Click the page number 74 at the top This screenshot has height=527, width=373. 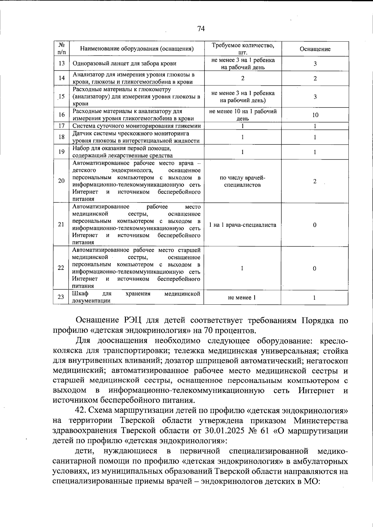[x=201, y=29]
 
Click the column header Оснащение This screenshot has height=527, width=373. [x=315, y=49]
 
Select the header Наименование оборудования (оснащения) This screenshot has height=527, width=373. [x=137, y=49]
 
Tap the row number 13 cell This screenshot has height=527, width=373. [x=61, y=63]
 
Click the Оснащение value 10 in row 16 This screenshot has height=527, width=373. [x=315, y=115]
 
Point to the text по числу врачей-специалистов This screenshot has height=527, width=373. [x=242, y=181]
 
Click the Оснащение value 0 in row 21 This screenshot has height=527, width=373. [x=315, y=225]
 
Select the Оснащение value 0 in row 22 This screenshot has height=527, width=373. [x=314, y=268]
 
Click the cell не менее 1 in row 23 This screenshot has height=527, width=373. [x=242, y=298]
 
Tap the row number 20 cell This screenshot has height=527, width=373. [x=61, y=181]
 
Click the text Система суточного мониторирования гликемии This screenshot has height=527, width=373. [x=136, y=126]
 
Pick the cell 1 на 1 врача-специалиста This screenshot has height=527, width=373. [x=242, y=225]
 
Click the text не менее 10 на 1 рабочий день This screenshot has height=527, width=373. [x=243, y=115]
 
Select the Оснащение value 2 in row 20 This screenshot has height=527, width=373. [x=315, y=181]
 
